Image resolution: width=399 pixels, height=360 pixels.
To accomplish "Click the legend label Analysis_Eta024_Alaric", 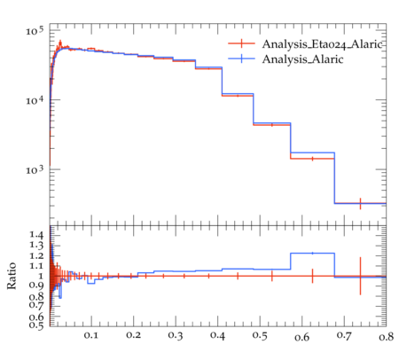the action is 322,44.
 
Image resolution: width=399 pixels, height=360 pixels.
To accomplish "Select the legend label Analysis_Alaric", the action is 302,59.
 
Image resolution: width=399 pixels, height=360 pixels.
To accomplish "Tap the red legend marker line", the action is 241,43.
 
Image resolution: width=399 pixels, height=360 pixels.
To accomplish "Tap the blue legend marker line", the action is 241,59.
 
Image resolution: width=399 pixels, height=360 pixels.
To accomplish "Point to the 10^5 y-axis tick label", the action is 35,30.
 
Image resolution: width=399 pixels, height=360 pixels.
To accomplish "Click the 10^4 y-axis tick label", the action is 35,100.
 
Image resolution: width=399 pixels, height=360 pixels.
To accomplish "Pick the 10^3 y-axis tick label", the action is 35,169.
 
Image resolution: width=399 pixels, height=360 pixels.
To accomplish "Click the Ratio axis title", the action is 12,276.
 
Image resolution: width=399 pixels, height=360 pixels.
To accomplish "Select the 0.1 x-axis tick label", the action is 91,335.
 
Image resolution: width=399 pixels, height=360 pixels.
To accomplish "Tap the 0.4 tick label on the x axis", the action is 218,335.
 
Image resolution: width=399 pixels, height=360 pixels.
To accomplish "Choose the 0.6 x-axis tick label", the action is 302,336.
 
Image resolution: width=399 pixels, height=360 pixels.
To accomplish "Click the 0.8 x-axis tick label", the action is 386,336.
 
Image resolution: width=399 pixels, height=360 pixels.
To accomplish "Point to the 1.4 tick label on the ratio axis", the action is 36,235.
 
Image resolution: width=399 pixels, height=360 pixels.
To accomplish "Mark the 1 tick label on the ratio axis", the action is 41,276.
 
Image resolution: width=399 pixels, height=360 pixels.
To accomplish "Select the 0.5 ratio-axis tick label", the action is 36,325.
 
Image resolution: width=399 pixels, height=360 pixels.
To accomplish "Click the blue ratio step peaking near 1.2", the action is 312,254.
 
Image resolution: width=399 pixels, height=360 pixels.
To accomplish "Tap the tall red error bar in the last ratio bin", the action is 360,276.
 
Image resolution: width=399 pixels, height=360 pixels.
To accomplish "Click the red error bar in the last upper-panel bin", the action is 360,203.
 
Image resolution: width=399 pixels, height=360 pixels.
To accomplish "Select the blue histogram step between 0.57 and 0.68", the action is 312,153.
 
